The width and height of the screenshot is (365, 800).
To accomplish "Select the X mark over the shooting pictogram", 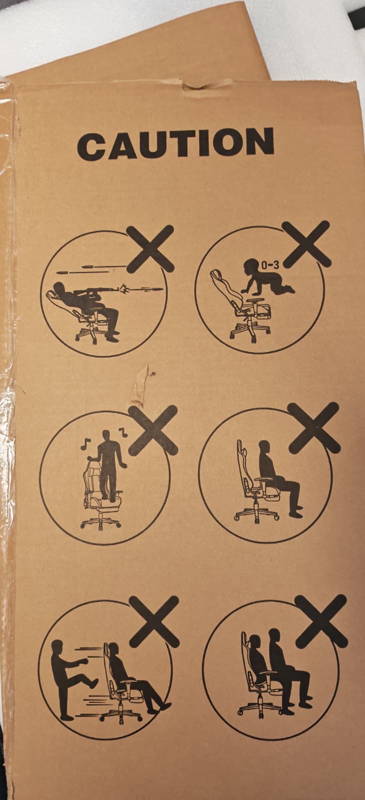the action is [x=150, y=248].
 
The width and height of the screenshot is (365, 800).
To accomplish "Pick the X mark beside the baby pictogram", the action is [x=306, y=244].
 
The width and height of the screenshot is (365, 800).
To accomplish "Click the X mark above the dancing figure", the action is [x=153, y=430].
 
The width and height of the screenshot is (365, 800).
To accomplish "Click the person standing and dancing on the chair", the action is [x=107, y=464].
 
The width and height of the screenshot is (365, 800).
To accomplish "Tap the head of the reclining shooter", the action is [x=59, y=287].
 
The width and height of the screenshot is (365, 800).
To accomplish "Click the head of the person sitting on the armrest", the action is [x=264, y=447].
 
